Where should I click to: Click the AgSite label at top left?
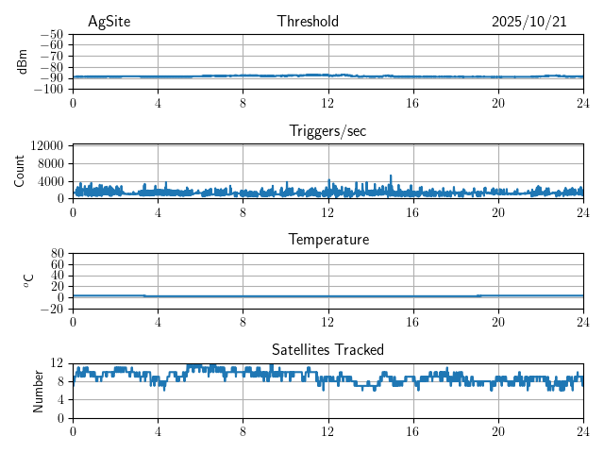pyautogui.click(x=109, y=22)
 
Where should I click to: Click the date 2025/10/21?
pyautogui.click(x=528, y=22)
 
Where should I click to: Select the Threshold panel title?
pyautogui.click(x=308, y=22)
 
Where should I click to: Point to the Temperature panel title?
pyautogui.click(x=327, y=240)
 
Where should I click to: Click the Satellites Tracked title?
pyautogui.click(x=327, y=349)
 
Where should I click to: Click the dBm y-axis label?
pyautogui.click(x=22, y=61)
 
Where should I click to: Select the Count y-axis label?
pyautogui.click(x=19, y=171)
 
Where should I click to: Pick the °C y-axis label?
pyautogui.click(x=28, y=280)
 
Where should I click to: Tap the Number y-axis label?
pyautogui.click(x=39, y=390)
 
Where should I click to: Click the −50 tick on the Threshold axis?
pyautogui.click(x=51, y=34)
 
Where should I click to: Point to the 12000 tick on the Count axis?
pyautogui.click(x=46, y=145)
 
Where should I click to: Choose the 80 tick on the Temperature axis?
pyautogui.click(x=57, y=254)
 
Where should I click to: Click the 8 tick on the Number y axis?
pyautogui.click(x=61, y=381)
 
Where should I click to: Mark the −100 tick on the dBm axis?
pyautogui.click(x=48, y=89)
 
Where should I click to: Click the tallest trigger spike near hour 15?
pyautogui.click(x=391, y=176)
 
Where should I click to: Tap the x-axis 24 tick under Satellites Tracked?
pyautogui.click(x=582, y=430)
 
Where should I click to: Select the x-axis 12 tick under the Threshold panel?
pyautogui.click(x=328, y=102)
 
